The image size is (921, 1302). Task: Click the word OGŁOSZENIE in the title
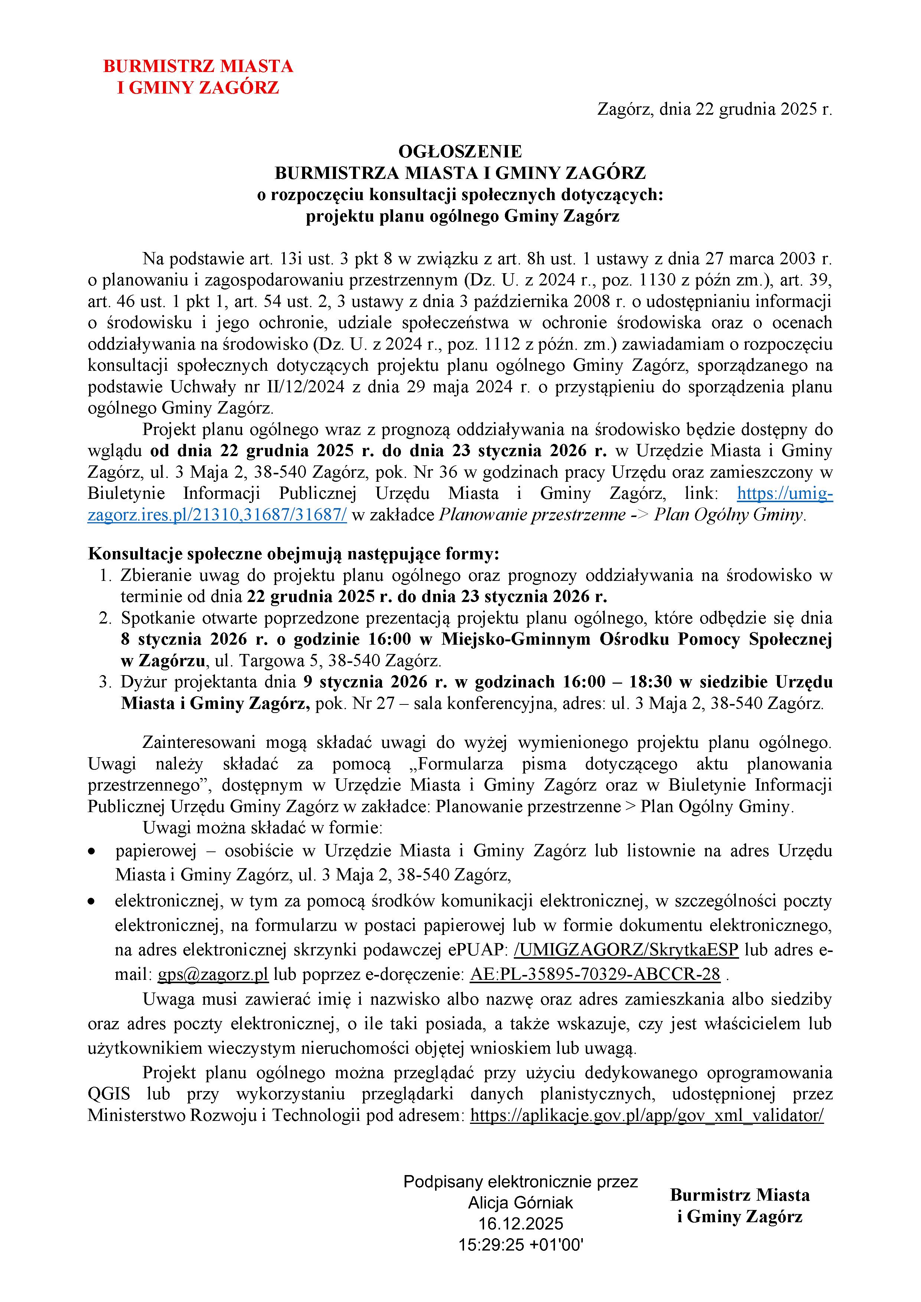click(x=460, y=151)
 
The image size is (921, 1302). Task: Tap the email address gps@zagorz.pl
click(x=213, y=974)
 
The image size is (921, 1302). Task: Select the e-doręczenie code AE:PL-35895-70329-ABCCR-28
click(x=595, y=974)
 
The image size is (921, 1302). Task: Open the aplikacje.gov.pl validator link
click(x=647, y=1115)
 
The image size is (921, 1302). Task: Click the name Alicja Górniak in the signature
click(x=520, y=1203)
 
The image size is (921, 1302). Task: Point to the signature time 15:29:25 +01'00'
click(x=520, y=1245)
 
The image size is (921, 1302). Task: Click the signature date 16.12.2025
click(x=520, y=1224)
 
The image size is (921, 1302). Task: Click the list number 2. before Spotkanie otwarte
click(x=105, y=618)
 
